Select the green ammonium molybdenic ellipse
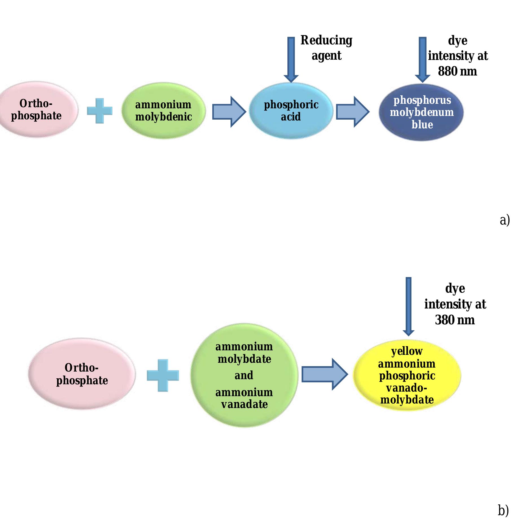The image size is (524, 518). click(x=163, y=111)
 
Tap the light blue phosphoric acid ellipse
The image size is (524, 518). click(x=291, y=111)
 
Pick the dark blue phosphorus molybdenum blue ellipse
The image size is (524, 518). click(x=422, y=112)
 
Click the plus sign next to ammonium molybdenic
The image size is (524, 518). click(x=100, y=111)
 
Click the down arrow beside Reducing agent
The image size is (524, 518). click(x=291, y=59)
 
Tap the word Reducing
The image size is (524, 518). click(x=326, y=40)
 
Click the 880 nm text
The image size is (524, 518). click(x=457, y=71)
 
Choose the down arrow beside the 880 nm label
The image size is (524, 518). click(x=422, y=59)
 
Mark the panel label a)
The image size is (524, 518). click(x=505, y=220)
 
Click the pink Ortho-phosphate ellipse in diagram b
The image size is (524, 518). click(x=82, y=374)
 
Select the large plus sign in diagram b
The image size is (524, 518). click(x=163, y=375)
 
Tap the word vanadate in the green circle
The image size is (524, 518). click(x=244, y=404)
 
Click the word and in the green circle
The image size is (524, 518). click(x=244, y=375)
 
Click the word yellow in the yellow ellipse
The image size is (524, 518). click(x=407, y=351)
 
